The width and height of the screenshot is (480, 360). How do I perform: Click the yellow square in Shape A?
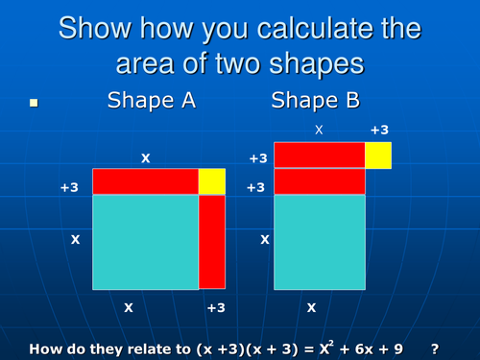pyautogui.click(x=211, y=181)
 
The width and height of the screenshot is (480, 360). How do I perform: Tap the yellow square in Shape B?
pyautogui.click(x=378, y=155)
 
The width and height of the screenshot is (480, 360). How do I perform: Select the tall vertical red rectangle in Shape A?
pyautogui.click(x=211, y=241)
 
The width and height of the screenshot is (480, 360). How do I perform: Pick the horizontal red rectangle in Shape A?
pyautogui.click(x=145, y=181)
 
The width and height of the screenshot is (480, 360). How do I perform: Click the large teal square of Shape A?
pyautogui.click(x=145, y=241)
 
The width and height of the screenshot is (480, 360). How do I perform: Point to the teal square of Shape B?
pyautogui.click(x=319, y=241)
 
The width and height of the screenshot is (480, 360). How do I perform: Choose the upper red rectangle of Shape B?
pyautogui.click(x=319, y=155)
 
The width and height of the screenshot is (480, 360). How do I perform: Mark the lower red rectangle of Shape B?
pyautogui.click(x=319, y=181)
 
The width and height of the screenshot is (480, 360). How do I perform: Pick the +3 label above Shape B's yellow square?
pyautogui.click(x=379, y=128)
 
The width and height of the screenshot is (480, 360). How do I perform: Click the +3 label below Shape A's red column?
pyautogui.click(x=218, y=308)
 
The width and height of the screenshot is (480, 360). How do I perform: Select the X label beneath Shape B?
pyautogui.click(x=310, y=308)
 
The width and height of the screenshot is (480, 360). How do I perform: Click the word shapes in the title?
pyautogui.click(x=326, y=65)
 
